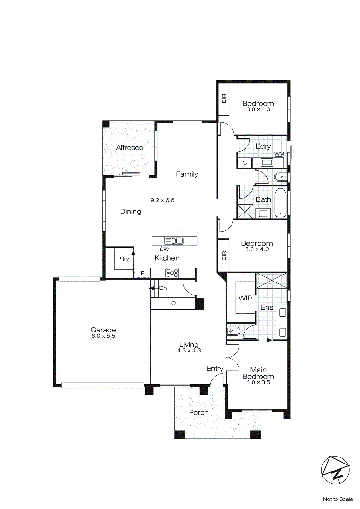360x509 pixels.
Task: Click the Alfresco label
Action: [x=129, y=148]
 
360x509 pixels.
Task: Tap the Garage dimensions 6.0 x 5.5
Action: [x=103, y=336]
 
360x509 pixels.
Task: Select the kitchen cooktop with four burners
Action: [x=172, y=273]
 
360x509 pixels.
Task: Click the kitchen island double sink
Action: [x=174, y=241]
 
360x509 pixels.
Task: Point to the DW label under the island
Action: [x=164, y=249]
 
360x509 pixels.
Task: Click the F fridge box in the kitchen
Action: [x=142, y=273]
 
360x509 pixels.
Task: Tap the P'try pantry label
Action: [x=123, y=259]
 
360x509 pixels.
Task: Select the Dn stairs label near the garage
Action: [x=163, y=288]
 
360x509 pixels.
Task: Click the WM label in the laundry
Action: [x=279, y=154]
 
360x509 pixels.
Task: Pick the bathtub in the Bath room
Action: [x=280, y=203]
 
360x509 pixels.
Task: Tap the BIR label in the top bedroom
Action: [x=224, y=98]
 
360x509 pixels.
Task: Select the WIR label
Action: [x=246, y=298]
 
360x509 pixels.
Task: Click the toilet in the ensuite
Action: [x=233, y=331]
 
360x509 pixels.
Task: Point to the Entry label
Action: [x=215, y=369]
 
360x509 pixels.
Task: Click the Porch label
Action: [x=199, y=413]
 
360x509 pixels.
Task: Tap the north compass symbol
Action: [x=335, y=470]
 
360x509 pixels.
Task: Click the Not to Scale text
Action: [x=338, y=499]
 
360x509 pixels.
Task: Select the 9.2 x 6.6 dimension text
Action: [x=162, y=200]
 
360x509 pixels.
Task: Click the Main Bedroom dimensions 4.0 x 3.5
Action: [x=258, y=383]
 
